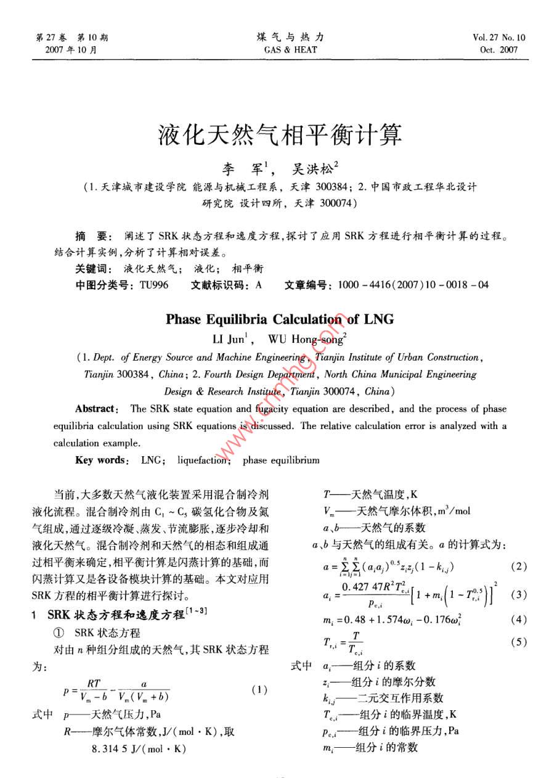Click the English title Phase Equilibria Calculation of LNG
280,319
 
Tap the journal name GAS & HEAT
290,49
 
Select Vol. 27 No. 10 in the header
499,38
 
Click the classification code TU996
153,285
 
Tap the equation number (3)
519,595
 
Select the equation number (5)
519,642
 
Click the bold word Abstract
96,409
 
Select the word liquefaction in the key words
204,460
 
